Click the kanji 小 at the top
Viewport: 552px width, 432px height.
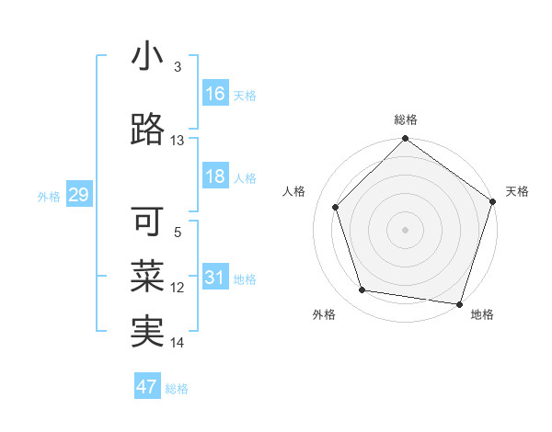tap(147, 56)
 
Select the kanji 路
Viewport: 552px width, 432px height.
tap(147, 130)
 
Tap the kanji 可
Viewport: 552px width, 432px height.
tap(147, 222)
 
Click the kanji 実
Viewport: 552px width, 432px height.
tap(147, 332)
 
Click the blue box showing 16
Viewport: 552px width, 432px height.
tap(215, 94)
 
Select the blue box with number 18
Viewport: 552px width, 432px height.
tap(215, 177)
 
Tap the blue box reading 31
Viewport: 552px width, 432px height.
tap(215, 278)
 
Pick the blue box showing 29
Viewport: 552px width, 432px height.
tap(78, 195)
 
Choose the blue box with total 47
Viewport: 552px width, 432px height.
tap(146, 387)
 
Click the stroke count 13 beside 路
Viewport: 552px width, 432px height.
tap(178, 141)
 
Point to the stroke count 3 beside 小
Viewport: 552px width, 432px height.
tap(178, 67)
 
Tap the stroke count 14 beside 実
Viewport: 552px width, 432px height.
tap(178, 343)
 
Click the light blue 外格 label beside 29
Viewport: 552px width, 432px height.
tap(49, 197)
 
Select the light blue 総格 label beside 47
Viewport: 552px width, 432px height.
tap(177, 389)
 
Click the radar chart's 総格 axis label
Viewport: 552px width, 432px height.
tap(405, 120)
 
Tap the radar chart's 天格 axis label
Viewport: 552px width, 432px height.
tap(517, 191)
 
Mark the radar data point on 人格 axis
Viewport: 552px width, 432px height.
tap(336, 207)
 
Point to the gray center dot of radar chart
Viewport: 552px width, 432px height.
tap(405, 229)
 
